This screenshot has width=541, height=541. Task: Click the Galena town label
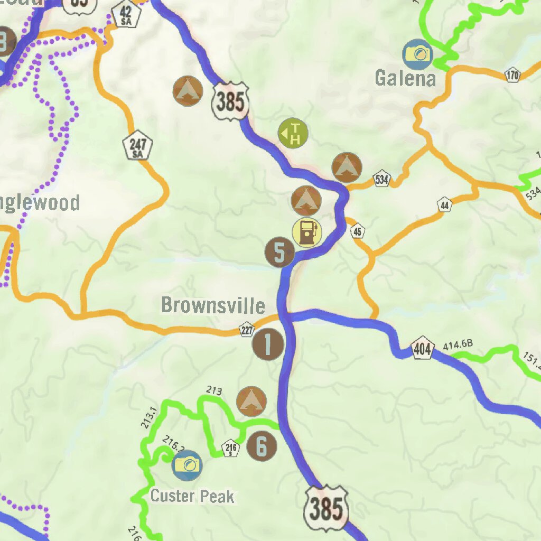coord(405,79)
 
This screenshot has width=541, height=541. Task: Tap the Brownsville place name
coord(213,305)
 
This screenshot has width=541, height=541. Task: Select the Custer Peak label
coord(192,496)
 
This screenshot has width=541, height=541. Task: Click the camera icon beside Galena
coord(418,54)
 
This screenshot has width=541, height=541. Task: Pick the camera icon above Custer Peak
coord(188,465)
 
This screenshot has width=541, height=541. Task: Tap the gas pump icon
coord(307,232)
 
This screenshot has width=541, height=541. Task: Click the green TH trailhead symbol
coord(293,133)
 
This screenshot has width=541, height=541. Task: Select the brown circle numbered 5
coord(280,252)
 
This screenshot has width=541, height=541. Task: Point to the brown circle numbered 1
coord(268,344)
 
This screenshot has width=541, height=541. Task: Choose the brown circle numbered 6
coord(262,446)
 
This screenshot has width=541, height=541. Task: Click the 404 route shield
coord(422,348)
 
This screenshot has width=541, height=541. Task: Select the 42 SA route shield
coord(127,14)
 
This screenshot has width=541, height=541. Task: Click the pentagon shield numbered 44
coord(445,204)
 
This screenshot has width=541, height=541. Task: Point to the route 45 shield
coord(358,231)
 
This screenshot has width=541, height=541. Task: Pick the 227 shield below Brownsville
coord(247,330)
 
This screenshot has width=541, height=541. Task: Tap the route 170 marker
coord(512,75)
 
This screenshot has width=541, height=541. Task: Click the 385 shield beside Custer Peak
coord(326,509)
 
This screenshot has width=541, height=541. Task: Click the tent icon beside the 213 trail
coord(251,401)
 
